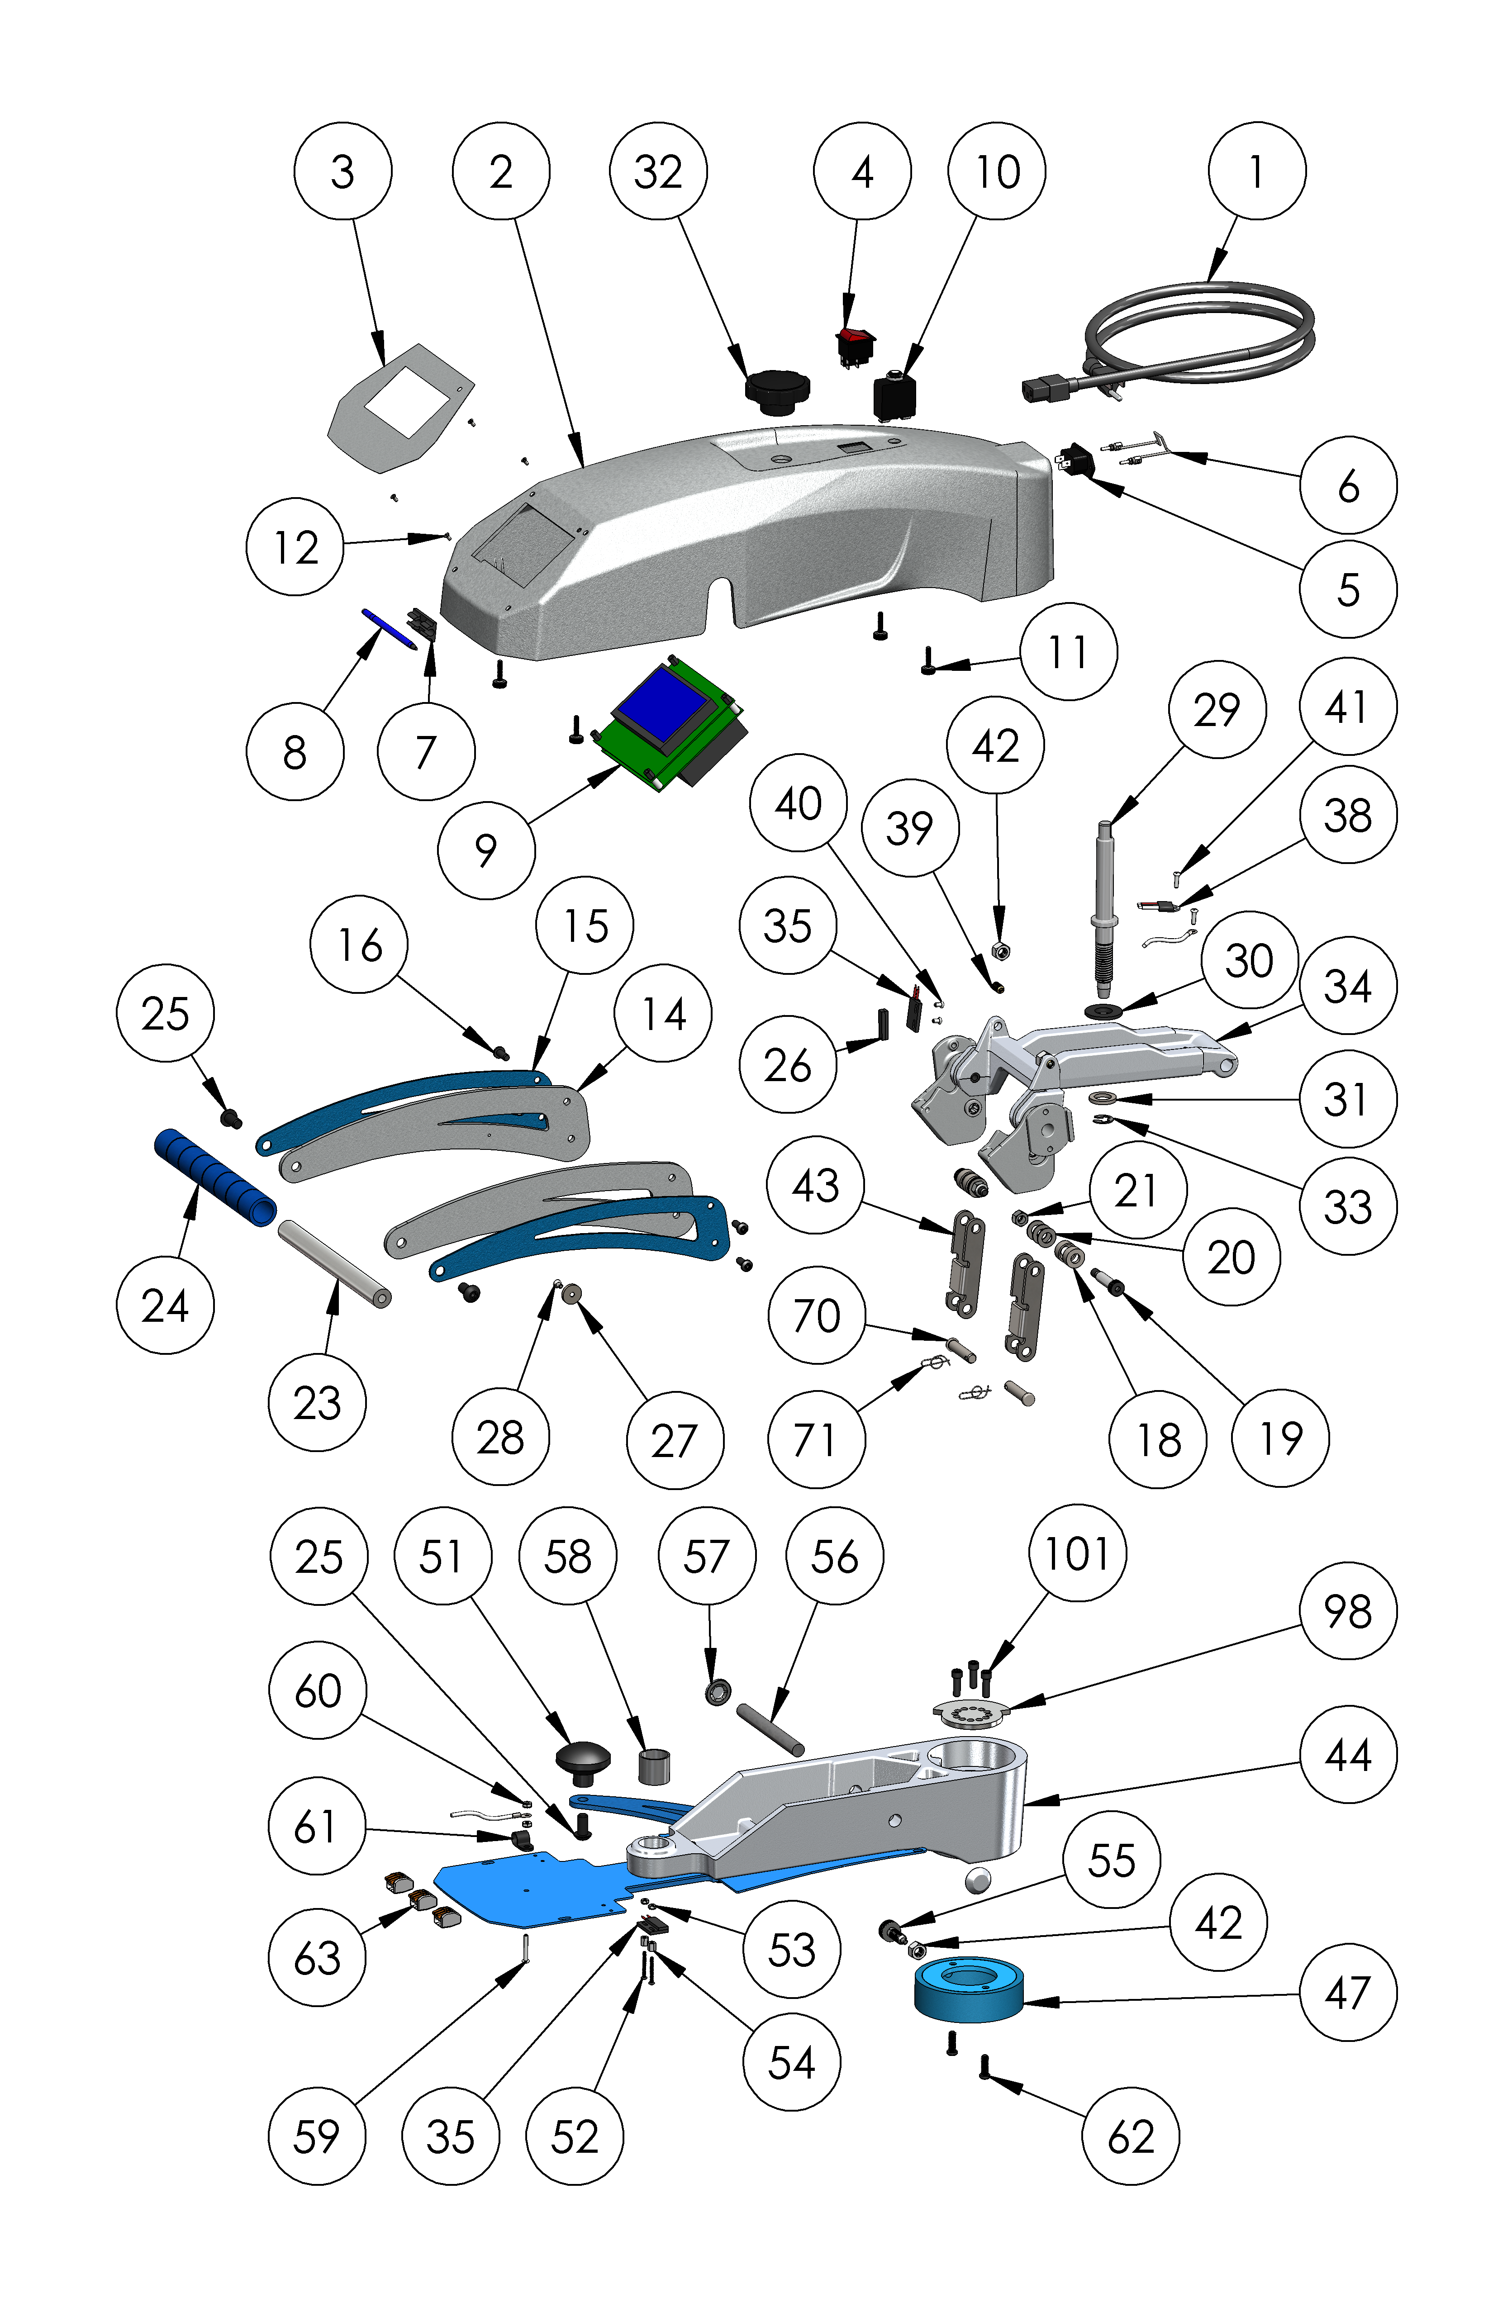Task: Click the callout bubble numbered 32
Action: tap(658, 171)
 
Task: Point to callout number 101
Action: tap(1077, 1553)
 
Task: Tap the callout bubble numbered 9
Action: tap(486, 850)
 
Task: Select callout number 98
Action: tap(1348, 1611)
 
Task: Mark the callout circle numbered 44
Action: tap(1348, 1755)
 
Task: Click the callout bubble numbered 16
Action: tap(360, 945)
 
